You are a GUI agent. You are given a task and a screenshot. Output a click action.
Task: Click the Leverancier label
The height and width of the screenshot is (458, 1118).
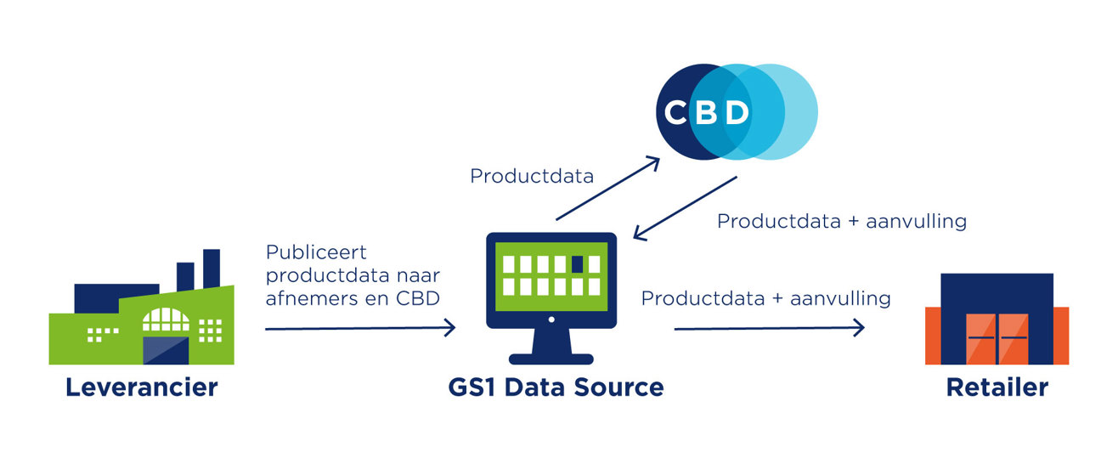point(142,387)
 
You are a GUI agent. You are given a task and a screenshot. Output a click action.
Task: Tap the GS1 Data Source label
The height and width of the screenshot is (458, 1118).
point(556,387)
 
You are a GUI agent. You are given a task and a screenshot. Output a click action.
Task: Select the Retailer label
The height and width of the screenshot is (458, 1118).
point(997,387)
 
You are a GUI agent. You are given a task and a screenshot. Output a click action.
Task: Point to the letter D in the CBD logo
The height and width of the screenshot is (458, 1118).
point(737,113)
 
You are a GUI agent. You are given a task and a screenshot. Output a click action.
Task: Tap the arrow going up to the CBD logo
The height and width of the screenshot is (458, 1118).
point(607,188)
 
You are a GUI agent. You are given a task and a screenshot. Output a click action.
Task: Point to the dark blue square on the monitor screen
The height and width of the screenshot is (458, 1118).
point(578,264)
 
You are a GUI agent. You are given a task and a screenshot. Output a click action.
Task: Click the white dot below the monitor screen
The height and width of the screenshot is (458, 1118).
point(551,319)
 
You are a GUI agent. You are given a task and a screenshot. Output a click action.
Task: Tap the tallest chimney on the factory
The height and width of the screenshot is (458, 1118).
point(212,267)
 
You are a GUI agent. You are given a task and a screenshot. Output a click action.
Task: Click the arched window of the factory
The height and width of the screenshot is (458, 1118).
point(167,319)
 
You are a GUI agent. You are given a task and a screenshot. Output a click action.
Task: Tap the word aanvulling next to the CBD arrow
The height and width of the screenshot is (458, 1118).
point(917,222)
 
